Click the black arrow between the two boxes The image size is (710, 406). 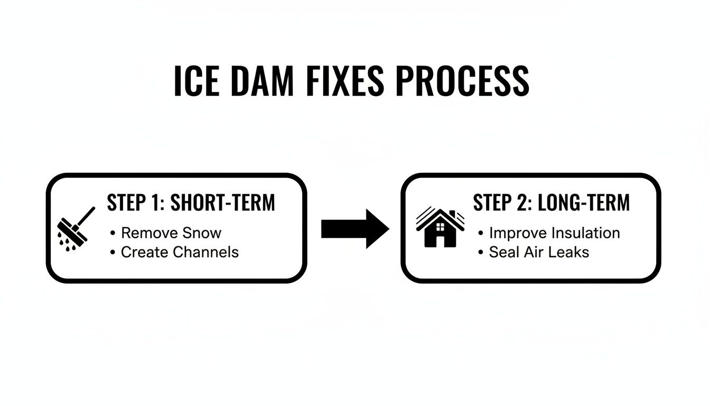(355, 228)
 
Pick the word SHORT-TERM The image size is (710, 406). (222, 203)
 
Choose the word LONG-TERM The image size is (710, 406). (583, 203)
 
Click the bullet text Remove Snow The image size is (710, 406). (171, 233)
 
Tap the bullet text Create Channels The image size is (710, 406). (180, 252)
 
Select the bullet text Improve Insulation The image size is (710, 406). (554, 233)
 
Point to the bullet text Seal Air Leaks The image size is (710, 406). (539, 252)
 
